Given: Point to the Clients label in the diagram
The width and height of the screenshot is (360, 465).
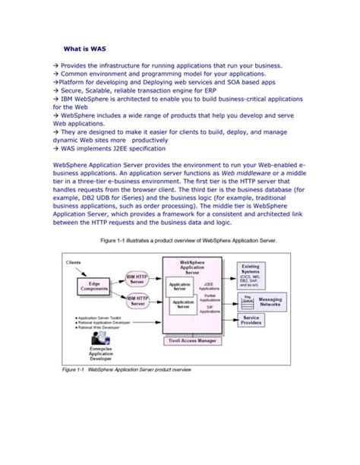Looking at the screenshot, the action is [74, 261].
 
